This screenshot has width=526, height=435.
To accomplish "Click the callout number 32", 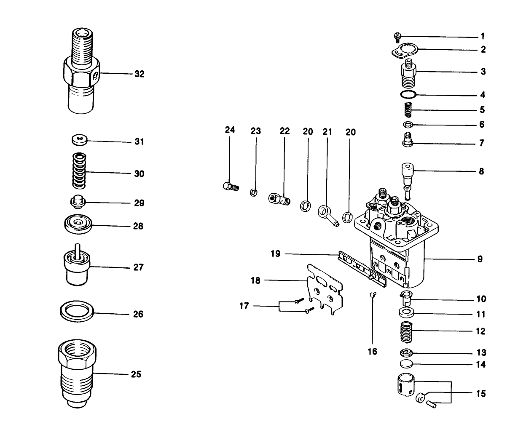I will [139, 74].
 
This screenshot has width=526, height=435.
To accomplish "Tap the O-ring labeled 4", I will [408, 93].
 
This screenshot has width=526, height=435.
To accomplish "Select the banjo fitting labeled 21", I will [328, 213].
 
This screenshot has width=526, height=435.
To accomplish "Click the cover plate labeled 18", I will [325, 286].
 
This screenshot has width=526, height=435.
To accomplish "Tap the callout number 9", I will [480, 259].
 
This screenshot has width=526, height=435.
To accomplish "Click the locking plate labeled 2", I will [404, 51].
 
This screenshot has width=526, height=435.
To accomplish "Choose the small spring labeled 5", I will [408, 111].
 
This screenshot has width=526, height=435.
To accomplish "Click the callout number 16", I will [372, 351].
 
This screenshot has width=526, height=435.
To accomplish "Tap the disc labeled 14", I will [407, 364].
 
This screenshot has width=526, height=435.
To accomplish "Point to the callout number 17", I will [244, 306].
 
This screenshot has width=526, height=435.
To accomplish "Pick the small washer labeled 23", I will [254, 192].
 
